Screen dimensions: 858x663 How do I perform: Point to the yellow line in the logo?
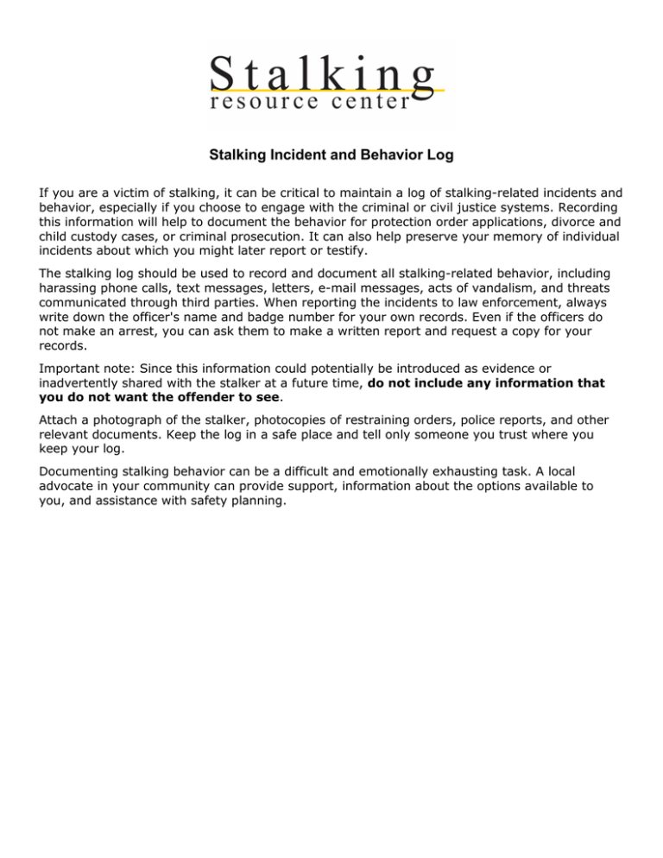click(x=328, y=89)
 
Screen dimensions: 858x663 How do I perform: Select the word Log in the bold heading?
click(x=439, y=156)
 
